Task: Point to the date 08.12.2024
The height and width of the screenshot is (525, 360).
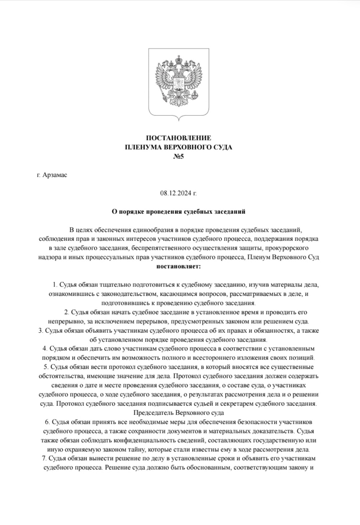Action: click(x=176, y=193)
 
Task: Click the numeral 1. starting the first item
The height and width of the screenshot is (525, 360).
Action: click(x=55, y=285)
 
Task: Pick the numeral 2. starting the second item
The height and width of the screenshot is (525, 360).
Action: click(x=66, y=313)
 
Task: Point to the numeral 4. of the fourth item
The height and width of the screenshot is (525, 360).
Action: click(x=45, y=349)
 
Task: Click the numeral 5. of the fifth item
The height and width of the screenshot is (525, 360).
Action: click(x=46, y=367)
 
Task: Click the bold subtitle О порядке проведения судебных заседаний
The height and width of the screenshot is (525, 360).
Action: click(x=178, y=211)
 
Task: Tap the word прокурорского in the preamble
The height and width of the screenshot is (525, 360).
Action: click(x=289, y=248)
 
